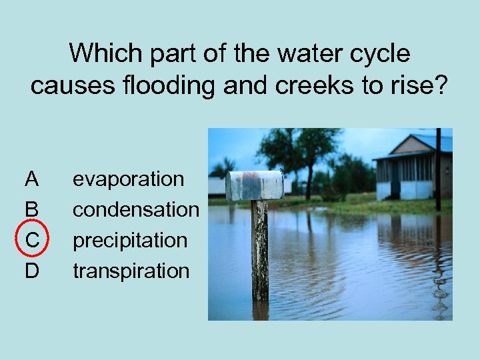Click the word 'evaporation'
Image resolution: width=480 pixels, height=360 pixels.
click(x=128, y=179)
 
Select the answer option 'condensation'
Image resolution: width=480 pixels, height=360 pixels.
click(x=135, y=209)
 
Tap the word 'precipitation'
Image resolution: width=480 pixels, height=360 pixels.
click(x=130, y=240)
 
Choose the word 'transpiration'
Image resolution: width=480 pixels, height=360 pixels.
click(x=131, y=271)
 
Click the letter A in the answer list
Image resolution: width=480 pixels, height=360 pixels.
click(x=31, y=179)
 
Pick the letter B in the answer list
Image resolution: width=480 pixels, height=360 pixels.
click(x=31, y=209)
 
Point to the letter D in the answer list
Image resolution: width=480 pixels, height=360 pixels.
click(x=31, y=271)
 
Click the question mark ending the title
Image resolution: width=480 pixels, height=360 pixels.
click(x=441, y=85)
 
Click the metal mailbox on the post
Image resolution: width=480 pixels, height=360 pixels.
click(x=254, y=185)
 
